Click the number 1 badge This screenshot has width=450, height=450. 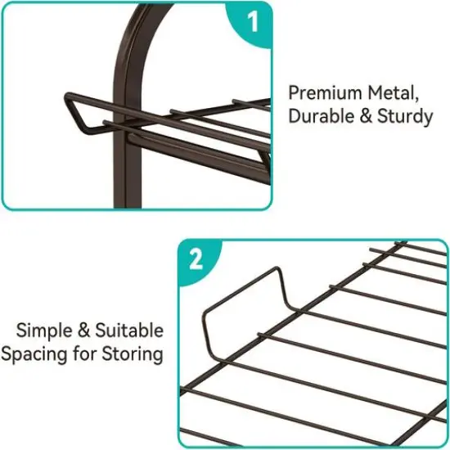pyautogui.click(x=251, y=23)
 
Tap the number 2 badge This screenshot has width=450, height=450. pyautogui.click(x=197, y=260)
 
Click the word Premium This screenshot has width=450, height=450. pyautogui.click(x=326, y=93)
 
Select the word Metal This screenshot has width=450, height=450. pyautogui.click(x=391, y=93)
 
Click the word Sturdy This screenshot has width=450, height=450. pyautogui.click(x=405, y=117)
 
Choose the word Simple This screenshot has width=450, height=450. pyautogui.click(x=44, y=331)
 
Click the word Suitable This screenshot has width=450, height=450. pyautogui.click(x=129, y=331)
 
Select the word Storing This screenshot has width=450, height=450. pyautogui.click(x=133, y=354)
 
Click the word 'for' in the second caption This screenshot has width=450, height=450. pyautogui.click(x=84, y=353)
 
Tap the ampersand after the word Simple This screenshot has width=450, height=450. pyautogui.click(x=83, y=331)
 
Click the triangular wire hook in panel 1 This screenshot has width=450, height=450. pyautogui.click(x=75, y=113)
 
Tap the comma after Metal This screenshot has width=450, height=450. pyautogui.click(x=416, y=99)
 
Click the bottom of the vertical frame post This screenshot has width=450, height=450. pyautogui.click(x=128, y=205)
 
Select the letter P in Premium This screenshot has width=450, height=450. pyautogui.click(x=293, y=93)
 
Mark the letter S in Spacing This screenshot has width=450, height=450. pyautogui.click(x=7, y=353)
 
